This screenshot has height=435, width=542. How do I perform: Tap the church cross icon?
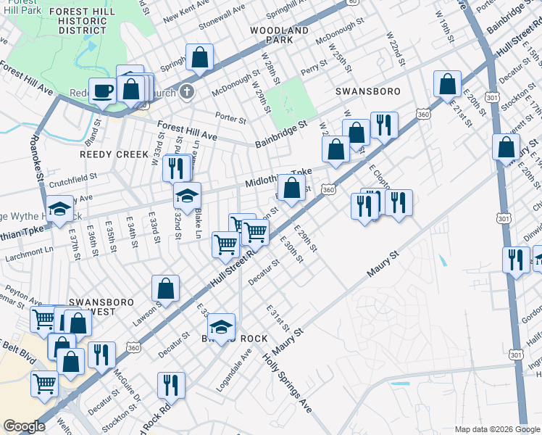[188, 91]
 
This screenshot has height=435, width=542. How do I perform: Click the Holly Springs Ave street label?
[287, 384]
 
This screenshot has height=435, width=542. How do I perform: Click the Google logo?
[24, 426]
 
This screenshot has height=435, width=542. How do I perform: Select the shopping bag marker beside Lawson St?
[166, 289]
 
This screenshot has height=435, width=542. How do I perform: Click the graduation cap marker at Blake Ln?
[187, 196]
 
